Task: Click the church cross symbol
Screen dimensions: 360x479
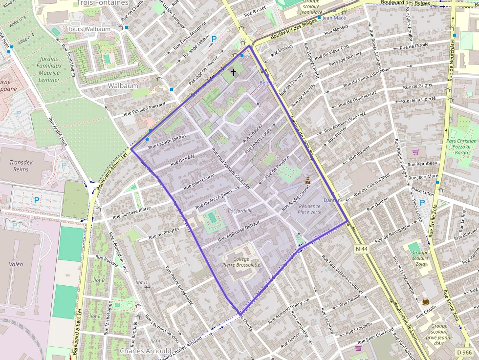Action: click(x=233, y=73)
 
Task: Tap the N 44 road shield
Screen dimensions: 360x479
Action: click(x=362, y=249)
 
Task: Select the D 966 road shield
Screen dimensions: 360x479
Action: click(x=465, y=352)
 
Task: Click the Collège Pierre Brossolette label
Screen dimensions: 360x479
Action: click(x=241, y=261)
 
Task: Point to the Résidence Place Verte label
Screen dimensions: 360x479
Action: click(x=309, y=209)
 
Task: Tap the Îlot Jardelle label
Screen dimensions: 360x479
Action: click(x=240, y=211)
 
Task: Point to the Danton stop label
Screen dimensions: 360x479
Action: click(x=332, y=200)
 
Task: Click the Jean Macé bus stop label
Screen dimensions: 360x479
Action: click(x=334, y=18)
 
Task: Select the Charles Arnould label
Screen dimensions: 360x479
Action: click(x=146, y=351)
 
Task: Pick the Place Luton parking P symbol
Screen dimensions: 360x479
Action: click(x=422, y=202)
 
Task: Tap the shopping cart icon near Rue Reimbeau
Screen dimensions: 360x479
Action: click(x=415, y=152)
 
